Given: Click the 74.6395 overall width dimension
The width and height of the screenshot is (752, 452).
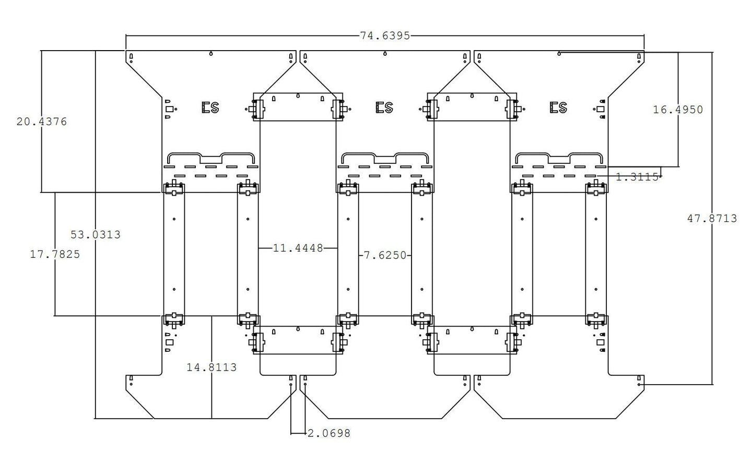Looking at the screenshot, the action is click(385, 35).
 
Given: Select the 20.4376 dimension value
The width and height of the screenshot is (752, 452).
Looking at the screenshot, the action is click(42, 122).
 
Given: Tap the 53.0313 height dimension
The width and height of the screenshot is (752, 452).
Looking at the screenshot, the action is click(96, 234).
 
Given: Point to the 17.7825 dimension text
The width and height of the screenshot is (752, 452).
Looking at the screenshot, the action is click(55, 254).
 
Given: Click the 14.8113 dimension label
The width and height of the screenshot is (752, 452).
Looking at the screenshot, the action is click(211, 367).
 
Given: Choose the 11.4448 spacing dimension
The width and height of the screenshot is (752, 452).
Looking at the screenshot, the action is click(298, 248).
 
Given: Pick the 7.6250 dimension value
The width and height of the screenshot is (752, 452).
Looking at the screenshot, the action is click(385, 255).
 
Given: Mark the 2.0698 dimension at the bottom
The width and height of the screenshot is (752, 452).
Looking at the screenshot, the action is click(329, 434).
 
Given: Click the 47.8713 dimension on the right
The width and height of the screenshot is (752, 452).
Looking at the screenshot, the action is click(712, 219).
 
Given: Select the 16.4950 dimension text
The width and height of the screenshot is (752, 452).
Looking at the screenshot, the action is click(678, 110).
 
